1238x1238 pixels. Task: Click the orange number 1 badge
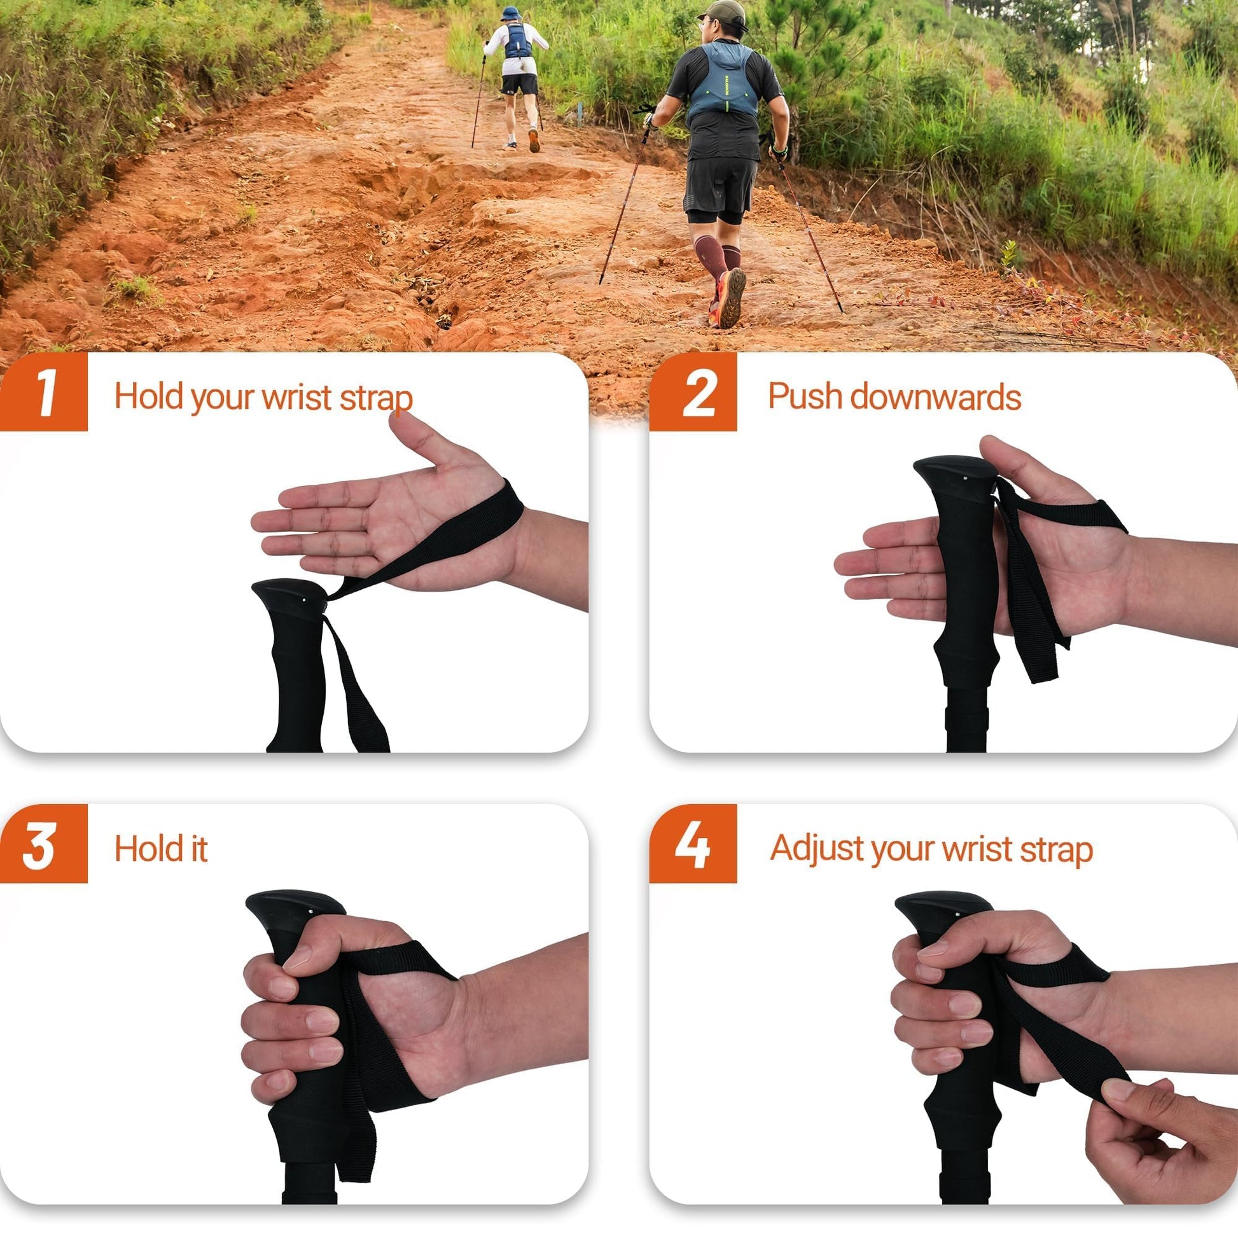point(43,391)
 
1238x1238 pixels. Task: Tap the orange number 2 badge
point(693,391)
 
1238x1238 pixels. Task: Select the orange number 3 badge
point(43,844)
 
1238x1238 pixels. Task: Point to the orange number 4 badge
point(693,844)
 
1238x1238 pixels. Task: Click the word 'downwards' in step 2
point(936,396)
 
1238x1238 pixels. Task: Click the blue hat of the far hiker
point(511,14)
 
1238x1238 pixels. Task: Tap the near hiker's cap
point(723,11)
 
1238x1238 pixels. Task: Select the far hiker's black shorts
point(520,84)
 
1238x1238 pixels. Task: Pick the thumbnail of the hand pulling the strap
point(1118,1087)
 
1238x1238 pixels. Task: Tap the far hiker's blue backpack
point(517,40)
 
